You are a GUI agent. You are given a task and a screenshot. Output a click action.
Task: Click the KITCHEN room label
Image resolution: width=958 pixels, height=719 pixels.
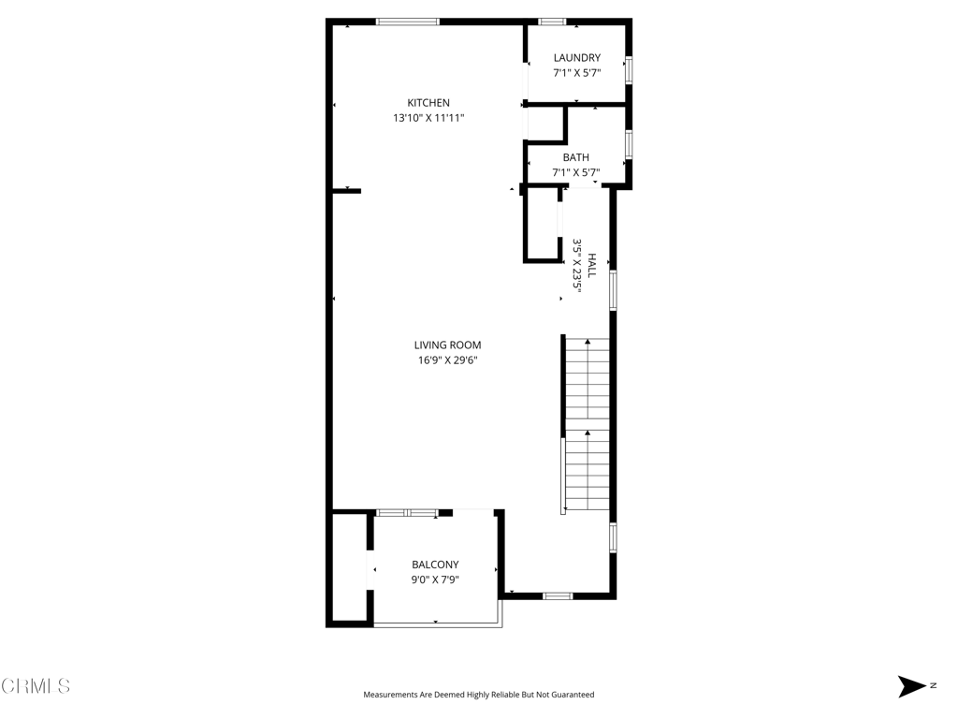pos(428,103)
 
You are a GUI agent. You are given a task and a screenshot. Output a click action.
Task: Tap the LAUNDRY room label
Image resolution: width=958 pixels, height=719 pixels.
pos(576,57)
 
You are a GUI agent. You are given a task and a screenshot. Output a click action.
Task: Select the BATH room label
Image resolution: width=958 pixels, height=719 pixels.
pos(575,157)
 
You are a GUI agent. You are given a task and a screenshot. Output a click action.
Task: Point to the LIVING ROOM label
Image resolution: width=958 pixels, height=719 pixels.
pos(447,345)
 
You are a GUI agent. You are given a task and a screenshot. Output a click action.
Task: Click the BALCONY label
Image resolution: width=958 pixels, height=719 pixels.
pos(435,565)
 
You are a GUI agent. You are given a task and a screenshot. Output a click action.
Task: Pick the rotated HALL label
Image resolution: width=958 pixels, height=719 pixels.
pos(591,265)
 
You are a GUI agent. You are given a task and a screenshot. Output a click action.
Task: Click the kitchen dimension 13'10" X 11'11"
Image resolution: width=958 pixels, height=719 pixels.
pos(428,118)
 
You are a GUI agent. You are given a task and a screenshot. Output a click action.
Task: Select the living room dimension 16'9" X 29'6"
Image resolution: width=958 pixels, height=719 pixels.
pos(447,360)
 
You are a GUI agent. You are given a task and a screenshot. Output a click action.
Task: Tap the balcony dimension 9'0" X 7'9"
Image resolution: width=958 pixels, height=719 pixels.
pos(435,580)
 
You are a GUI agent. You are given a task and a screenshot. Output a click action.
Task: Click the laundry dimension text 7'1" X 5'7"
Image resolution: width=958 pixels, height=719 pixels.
pos(576,73)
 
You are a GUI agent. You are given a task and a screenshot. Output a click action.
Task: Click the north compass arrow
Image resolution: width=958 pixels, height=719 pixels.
pos(911,686)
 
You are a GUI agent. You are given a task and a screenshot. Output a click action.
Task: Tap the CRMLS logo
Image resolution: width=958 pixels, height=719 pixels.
pos(36,686)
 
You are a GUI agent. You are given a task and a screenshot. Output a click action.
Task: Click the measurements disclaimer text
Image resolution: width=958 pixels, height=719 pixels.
pos(478,695)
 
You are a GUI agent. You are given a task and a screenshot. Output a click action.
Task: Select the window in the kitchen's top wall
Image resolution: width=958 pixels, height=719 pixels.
pos(408,22)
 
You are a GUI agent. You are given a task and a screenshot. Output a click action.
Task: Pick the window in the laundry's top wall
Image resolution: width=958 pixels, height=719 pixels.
pos(552,22)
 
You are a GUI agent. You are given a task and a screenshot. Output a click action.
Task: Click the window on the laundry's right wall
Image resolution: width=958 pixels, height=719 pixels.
pos(629,69)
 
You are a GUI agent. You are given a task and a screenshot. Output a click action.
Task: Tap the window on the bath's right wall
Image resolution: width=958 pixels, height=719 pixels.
pos(629,144)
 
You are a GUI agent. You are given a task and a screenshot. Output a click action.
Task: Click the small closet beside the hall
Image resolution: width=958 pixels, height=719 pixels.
pos(543,224)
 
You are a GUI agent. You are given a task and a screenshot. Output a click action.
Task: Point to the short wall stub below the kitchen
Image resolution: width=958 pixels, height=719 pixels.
pos(346,191)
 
